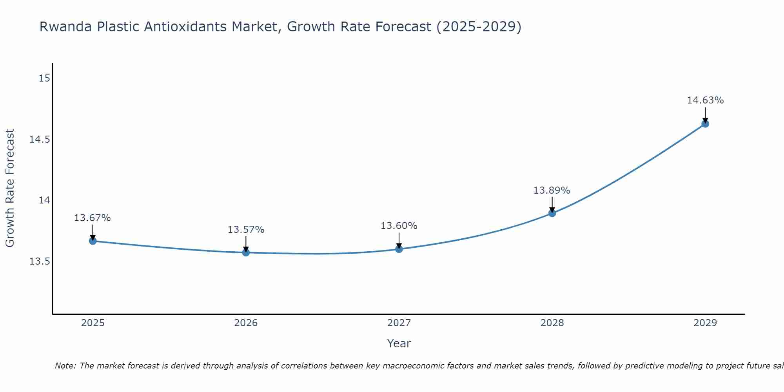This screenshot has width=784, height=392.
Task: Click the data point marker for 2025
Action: coord(93,241)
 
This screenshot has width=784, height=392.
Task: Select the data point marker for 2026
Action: coord(246,252)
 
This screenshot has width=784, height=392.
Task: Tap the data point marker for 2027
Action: coord(399,249)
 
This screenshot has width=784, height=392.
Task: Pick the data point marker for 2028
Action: coord(552,213)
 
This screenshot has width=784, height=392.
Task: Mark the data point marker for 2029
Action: coord(705,124)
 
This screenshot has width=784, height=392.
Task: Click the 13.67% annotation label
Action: coord(93,218)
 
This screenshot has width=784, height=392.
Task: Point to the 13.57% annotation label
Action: coord(246,230)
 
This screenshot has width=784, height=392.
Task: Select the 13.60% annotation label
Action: coord(399,226)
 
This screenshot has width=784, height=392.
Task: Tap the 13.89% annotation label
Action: coord(552,191)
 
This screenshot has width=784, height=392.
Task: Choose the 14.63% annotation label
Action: coord(705,100)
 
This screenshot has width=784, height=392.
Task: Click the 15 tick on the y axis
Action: coord(44,78)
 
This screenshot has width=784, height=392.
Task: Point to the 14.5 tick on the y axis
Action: coord(40,140)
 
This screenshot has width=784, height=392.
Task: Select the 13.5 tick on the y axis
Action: coord(40,261)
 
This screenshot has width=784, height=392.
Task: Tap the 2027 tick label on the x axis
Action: coord(399,323)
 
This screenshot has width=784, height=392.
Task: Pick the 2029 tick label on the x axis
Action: coord(705,323)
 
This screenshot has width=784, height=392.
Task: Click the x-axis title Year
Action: coord(399,343)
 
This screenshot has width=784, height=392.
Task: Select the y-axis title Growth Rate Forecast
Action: coord(10,188)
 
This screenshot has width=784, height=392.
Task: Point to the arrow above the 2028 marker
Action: coord(552,204)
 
